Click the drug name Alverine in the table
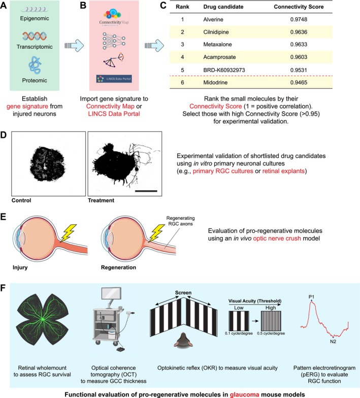[213, 19]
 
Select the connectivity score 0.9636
[299, 32]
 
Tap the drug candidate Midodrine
[215, 82]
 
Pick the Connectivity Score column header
[299, 7]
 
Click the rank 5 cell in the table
[182, 70]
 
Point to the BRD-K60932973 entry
[224, 70]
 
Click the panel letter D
[3, 135]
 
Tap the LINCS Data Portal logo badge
[114, 79]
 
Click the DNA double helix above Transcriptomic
[35, 36]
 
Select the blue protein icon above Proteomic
[35, 65]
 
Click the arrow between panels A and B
[74, 46]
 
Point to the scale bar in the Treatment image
[146, 191]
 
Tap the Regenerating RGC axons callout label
[181, 221]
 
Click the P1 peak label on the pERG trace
[311, 296]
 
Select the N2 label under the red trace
[333, 341]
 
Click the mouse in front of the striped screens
[183, 340]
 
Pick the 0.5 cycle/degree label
[271, 333]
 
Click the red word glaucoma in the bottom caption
[245, 394]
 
